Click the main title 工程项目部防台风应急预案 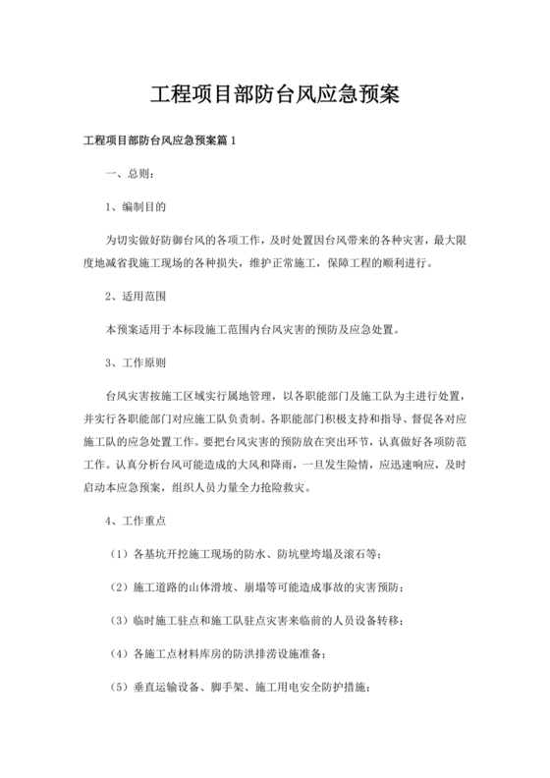click(x=274, y=94)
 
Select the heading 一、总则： click(x=130, y=175)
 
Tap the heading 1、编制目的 click(x=137, y=206)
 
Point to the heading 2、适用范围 click(x=137, y=294)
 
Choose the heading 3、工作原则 click(x=137, y=362)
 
